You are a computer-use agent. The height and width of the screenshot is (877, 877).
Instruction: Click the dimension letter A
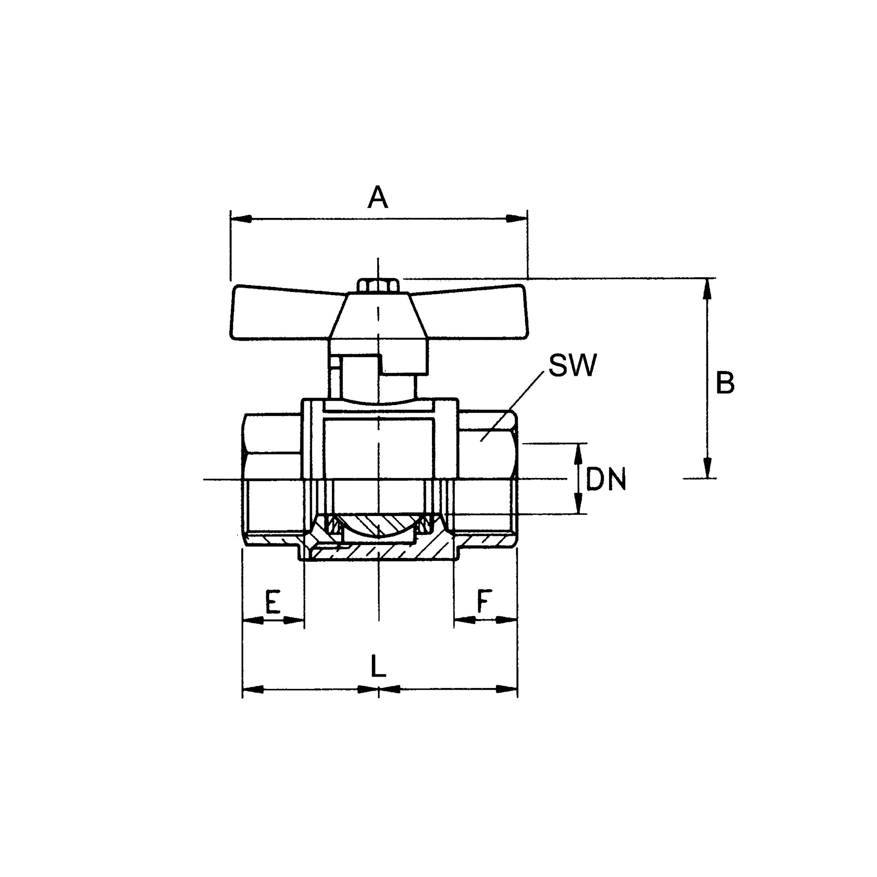[378, 197]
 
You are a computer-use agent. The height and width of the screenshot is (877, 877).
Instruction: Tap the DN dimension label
[606, 479]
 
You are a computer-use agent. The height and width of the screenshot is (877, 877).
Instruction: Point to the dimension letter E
[272, 602]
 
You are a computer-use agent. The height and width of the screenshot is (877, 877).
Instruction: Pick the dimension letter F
[484, 601]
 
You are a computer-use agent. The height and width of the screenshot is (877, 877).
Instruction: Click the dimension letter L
[378, 666]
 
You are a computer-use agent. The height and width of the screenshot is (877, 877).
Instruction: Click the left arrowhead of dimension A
[241, 218]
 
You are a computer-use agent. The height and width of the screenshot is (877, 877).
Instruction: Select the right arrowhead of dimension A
[517, 218]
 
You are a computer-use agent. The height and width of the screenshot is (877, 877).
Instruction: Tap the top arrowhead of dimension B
[706, 288]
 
